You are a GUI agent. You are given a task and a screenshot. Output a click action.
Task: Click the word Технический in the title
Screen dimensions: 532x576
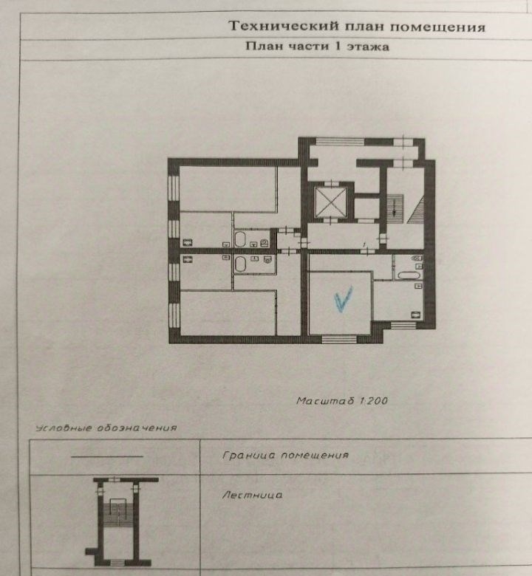(x=284, y=26)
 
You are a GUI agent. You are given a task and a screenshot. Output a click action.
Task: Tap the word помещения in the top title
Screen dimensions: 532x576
(x=437, y=27)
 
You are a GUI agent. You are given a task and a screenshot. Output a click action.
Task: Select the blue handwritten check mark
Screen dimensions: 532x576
(x=343, y=299)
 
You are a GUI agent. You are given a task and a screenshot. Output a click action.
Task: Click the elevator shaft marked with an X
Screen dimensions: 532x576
(x=331, y=202)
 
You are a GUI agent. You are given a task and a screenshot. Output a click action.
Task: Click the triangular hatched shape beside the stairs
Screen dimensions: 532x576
(x=415, y=210)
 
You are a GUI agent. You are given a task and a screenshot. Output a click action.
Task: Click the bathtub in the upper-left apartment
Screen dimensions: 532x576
(x=240, y=239)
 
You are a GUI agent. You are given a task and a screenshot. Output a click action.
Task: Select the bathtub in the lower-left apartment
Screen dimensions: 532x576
(x=240, y=264)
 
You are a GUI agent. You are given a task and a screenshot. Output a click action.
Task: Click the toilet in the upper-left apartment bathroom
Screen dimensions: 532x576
(x=264, y=243)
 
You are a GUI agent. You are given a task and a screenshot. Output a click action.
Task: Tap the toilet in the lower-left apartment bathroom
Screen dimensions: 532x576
(x=267, y=260)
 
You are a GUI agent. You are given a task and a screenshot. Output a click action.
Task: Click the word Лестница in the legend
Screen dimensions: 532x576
(x=252, y=496)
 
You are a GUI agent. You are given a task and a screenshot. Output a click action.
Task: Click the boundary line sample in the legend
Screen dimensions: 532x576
(x=107, y=456)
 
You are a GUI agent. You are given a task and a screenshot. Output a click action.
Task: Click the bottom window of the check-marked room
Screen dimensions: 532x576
(x=339, y=339)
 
